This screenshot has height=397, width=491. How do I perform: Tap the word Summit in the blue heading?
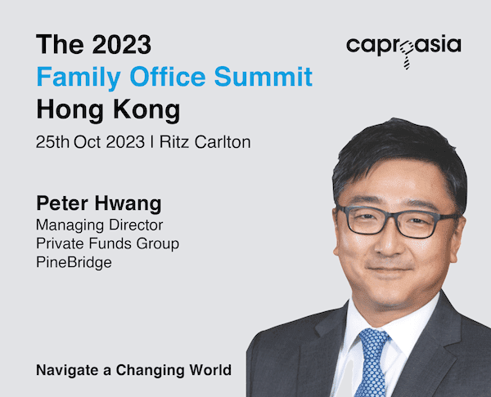click(x=264, y=76)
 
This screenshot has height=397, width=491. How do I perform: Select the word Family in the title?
click(x=79, y=78)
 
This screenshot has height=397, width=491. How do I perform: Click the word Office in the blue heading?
click(x=168, y=76)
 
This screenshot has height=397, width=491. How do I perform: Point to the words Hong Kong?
click(x=108, y=110)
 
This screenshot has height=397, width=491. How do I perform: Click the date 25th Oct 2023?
click(x=90, y=142)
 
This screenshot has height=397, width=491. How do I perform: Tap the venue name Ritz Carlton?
click(x=205, y=142)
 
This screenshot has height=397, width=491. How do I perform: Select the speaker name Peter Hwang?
click(x=99, y=204)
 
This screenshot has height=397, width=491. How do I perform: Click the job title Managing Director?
click(x=100, y=225)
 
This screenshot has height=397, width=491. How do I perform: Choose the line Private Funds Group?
click(x=108, y=243)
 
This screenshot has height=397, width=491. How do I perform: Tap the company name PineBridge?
click(x=74, y=262)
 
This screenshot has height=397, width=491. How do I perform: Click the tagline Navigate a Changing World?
click(x=134, y=370)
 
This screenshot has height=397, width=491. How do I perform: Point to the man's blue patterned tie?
click(x=372, y=363)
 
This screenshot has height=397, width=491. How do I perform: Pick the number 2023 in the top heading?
click(x=122, y=45)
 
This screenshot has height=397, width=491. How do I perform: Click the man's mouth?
click(x=390, y=270)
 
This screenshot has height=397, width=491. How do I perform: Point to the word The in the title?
click(x=60, y=45)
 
